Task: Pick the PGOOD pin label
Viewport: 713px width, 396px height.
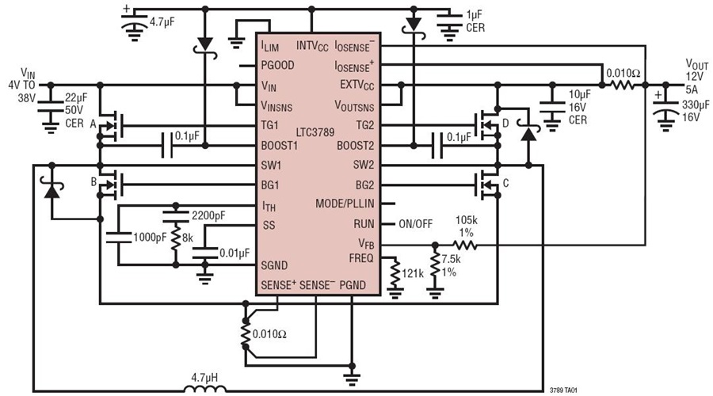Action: coord(278,67)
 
